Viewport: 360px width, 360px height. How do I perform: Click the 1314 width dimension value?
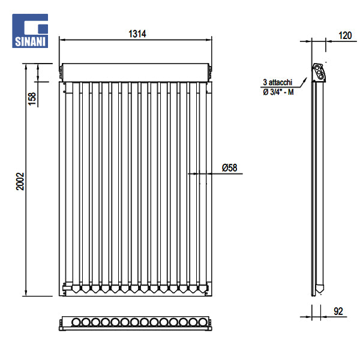(x=137, y=34)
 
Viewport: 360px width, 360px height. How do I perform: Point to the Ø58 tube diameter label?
(x=229, y=168)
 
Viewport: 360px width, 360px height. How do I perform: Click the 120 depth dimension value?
(x=345, y=35)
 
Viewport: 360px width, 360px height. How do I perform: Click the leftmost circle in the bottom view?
(x=76, y=323)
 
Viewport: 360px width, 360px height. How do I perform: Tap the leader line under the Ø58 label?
(x=216, y=174)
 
